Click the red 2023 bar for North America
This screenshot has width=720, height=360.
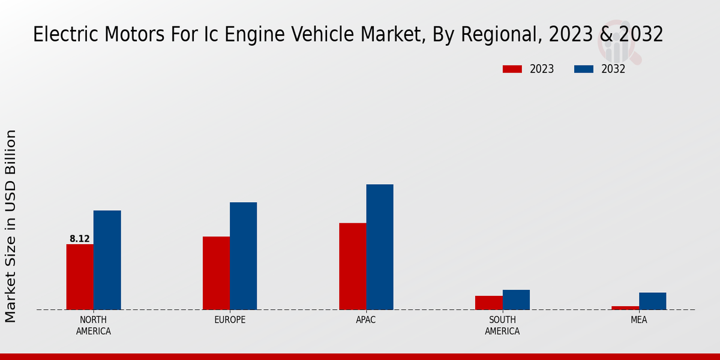pos(80,277)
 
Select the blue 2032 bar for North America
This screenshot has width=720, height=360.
pos(107,260)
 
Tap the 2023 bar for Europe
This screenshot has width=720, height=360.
pos(216,273)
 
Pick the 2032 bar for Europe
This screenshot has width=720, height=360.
pos(243,256)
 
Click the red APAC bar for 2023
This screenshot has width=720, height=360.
pos(352,266)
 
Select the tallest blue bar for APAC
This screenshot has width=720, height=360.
pos(380,247)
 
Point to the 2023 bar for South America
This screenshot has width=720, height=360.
pos(488,302)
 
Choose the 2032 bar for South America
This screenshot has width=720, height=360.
pos(516,299)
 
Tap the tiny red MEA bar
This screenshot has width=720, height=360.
pos(625,308)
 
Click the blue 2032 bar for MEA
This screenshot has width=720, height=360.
pos(652,301)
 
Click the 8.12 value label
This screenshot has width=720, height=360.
pos(80,239)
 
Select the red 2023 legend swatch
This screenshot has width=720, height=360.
pos(512,69)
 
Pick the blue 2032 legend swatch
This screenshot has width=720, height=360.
pos(584,69)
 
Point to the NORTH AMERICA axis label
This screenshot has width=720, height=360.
pos(94,325)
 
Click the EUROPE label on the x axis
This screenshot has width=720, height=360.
pos(230,320)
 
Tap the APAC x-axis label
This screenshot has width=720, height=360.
pos(366,320)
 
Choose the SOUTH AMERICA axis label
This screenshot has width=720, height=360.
pos(502,325)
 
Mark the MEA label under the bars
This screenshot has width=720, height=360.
pos(638,320)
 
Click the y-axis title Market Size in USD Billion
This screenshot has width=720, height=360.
pos(11,226)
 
